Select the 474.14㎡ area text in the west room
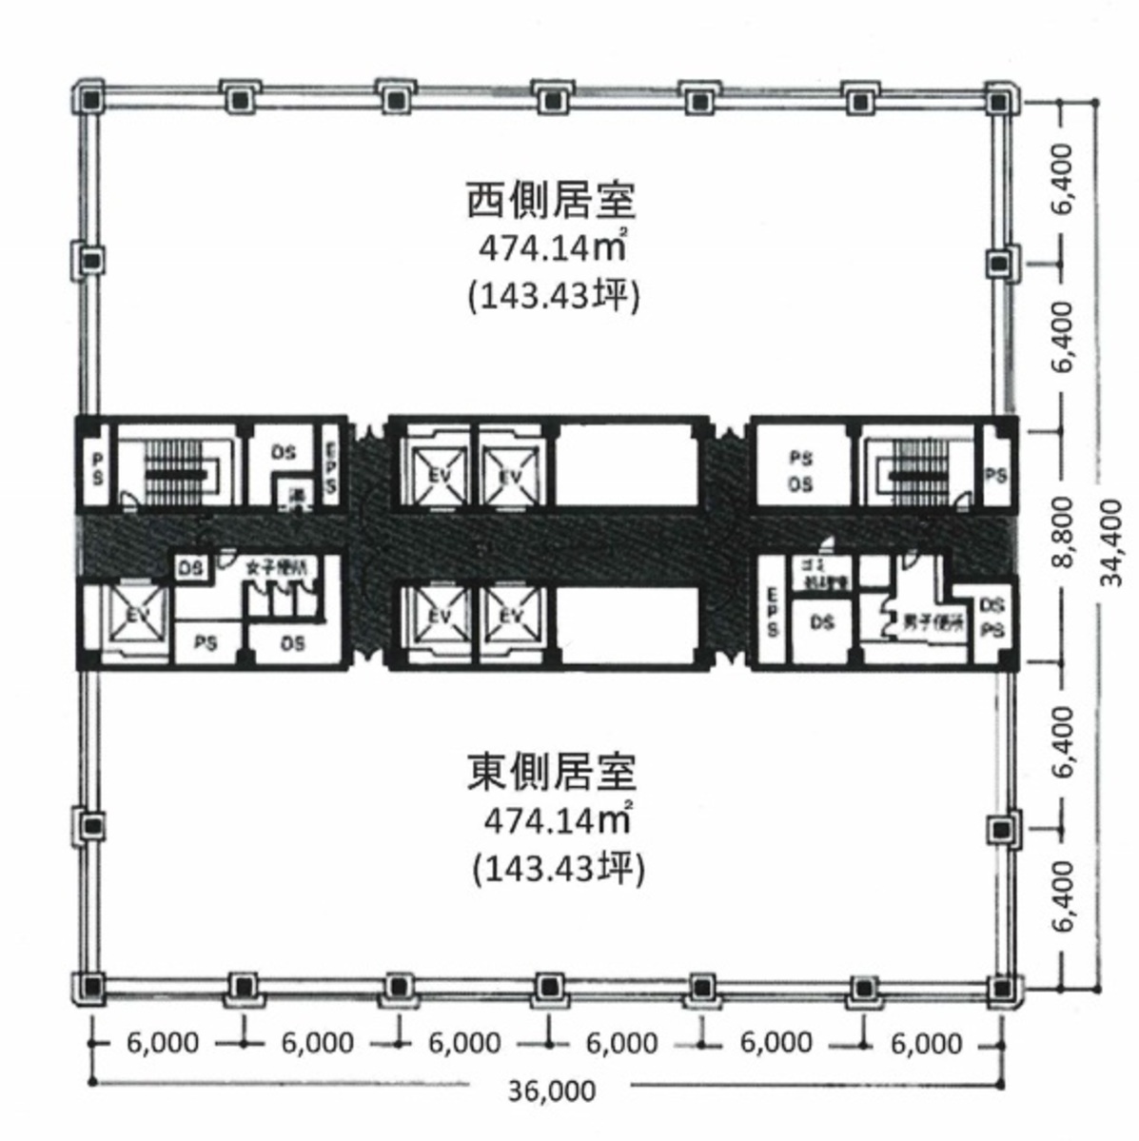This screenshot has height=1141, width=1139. pyautogui.click(x=550, y=248)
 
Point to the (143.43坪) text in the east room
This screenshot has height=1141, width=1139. pyautogui.click(x=558, y=868)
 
